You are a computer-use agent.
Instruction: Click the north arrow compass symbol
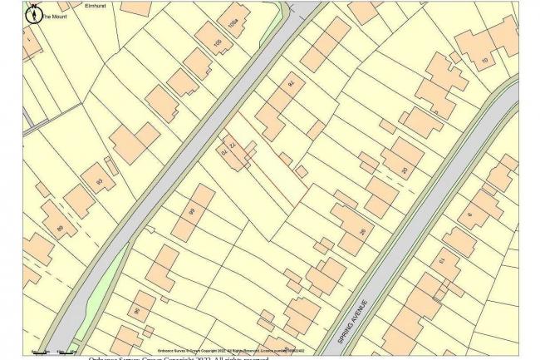coord(33,12)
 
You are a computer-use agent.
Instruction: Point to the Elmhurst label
coord(97,7)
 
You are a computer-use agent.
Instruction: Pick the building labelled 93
coord(100,181)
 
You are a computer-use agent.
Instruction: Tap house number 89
coord(59,227)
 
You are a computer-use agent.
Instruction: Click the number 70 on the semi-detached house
coord(223,152)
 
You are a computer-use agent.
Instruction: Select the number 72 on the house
coord(233,145)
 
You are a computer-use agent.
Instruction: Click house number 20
coord(405,171)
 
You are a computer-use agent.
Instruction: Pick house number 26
coord(361,231)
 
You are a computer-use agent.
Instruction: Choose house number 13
coord(443,263)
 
